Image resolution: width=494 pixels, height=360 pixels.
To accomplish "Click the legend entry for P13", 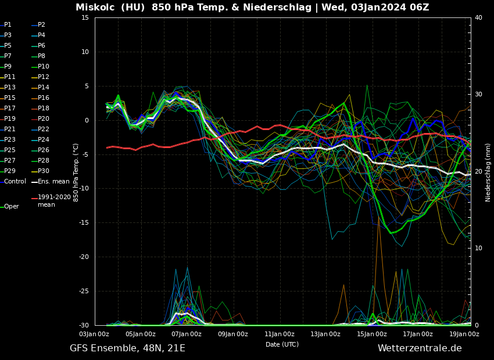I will coord(10,88).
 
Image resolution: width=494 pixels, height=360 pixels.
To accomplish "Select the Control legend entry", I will coord(15,182).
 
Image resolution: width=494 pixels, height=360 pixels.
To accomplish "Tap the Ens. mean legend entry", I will coord(53,182).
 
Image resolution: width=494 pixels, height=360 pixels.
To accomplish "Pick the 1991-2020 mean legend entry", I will coord(54,201).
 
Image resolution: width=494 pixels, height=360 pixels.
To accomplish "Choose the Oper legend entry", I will coord(11,207).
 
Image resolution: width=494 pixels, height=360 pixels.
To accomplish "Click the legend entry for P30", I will coord(43,171).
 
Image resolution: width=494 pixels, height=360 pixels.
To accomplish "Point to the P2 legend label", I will coord(41,25).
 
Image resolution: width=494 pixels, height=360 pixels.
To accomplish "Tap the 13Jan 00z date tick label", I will coord(325,334).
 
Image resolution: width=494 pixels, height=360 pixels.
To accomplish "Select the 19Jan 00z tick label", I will coord(464,334).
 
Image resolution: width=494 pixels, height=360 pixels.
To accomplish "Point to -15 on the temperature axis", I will coord(84,223).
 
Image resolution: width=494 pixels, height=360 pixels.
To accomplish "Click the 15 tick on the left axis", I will coord(85,18).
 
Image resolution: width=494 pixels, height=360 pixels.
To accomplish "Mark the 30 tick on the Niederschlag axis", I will coord(478,94).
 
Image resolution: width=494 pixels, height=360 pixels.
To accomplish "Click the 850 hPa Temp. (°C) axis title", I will coord(76,172).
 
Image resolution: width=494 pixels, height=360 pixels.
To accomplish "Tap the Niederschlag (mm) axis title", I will coord(488,172).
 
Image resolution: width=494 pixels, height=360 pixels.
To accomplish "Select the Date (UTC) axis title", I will coord(282,344).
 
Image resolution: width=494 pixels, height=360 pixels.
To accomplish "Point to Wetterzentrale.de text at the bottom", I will coord(420,348).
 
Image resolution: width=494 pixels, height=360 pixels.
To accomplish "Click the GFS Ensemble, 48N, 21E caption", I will coord(127,348).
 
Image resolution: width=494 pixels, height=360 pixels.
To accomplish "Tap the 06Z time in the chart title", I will coord(418,8).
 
